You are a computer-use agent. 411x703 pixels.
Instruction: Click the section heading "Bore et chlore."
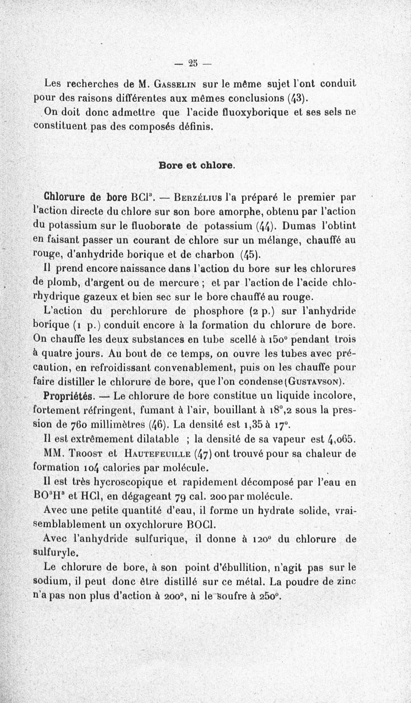point(197,165)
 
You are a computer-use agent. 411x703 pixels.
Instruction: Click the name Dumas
point(295,224)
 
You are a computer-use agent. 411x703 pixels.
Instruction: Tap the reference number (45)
point(249,253)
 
